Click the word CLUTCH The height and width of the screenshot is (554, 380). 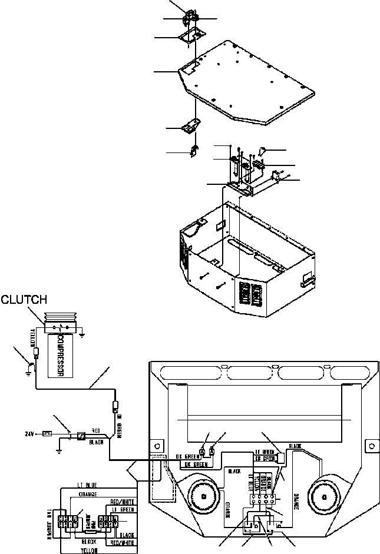click(x=23, y=300)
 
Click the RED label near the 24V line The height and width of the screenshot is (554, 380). click(x=95, y=430)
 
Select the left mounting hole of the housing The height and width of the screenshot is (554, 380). click(x=157, y=444)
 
